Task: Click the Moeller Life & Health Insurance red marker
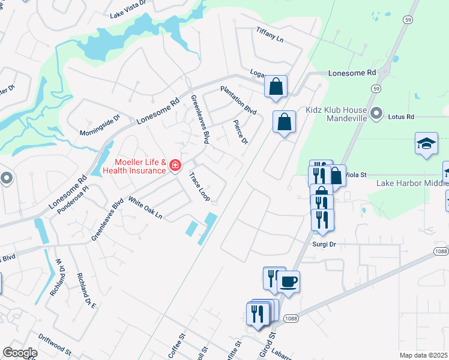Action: pyautogui.click(x=175, y=165)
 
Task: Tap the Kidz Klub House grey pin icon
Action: pyautogui.click(x=376, y=112)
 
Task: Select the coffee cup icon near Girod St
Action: pyautogui.click(x=288, y=281)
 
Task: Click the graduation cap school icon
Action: pyautogui.click(x=426, y=143)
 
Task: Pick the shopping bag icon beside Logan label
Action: pyautogui.click(x=276, y=86)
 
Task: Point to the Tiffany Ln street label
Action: pyautogui.click(x=269, y=34)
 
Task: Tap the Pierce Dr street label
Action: pyautogui.click(x=240, y=132)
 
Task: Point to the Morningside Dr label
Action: pyautogui.click(x=100, y=125)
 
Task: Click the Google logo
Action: pyautogui.click(x=20, y=353)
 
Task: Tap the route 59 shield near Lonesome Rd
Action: pyautogui.click(x=376, y=88)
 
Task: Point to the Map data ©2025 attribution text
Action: pyautogui.click(x=423, y=355)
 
